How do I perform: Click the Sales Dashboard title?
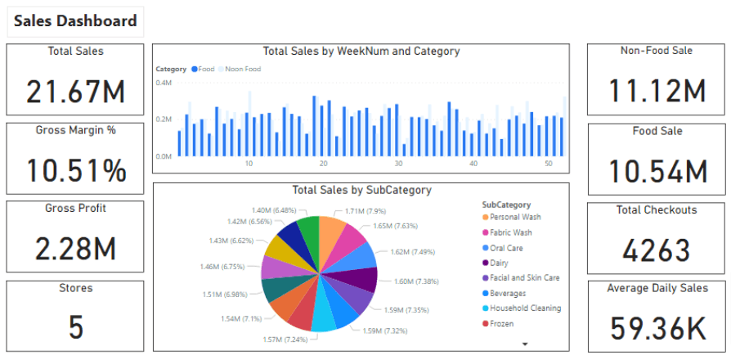coord(75,22)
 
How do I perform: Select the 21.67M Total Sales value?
coord(75,91)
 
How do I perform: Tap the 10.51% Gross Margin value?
coord(75,170)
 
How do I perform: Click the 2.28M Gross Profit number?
coord(75,249)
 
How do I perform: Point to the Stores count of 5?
coord(75,326)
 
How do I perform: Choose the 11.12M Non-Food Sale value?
coord(657,91)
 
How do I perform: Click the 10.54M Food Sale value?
coord(657,171)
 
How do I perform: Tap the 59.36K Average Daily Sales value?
coord(657,328)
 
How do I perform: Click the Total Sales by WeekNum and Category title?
coord(361,52)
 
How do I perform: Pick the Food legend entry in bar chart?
coord(205,70)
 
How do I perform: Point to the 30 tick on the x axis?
coord(398,164)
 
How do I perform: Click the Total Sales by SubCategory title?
coord(361,191)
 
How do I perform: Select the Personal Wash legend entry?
coord(514,218)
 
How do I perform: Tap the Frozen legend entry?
coord(502,323)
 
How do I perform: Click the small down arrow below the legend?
coord(525,344)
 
